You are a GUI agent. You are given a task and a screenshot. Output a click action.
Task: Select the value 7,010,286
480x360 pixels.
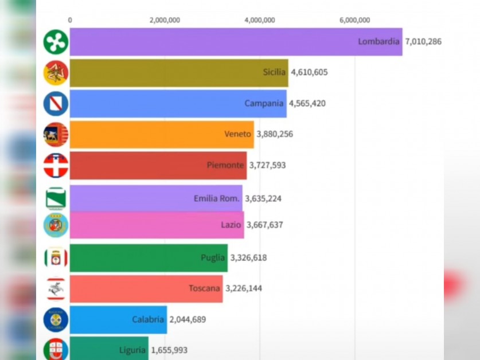click(423, 42)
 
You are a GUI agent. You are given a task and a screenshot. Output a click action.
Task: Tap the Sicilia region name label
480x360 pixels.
click(274, 72)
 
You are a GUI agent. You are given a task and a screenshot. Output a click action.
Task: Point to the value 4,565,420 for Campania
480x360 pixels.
click(310, 104)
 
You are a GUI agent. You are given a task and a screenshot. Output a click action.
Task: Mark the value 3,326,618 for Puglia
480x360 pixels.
click(248, 258)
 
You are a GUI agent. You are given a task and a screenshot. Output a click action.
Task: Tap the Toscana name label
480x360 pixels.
click(204, 288)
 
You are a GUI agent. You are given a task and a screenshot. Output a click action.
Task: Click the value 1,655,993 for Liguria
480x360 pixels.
click(169, 350)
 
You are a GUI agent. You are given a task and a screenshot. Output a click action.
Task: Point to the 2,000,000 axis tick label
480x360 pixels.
click(165, 20)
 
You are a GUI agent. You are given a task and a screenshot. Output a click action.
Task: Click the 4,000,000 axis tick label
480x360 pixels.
click(260, 20)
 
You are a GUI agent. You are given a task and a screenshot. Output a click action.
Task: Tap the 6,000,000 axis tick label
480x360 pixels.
click(354, 20)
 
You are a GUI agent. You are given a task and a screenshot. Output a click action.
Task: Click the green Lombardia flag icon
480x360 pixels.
click(56, 42)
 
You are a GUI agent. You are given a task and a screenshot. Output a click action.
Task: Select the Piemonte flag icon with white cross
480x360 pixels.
click(56, 166)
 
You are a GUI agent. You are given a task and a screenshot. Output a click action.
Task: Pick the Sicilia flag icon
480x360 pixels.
click(56, 73)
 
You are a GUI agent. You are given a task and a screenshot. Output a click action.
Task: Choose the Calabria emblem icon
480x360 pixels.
click(56, 320)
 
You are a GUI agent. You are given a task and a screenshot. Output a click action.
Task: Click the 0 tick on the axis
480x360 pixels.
click(70, 20)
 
